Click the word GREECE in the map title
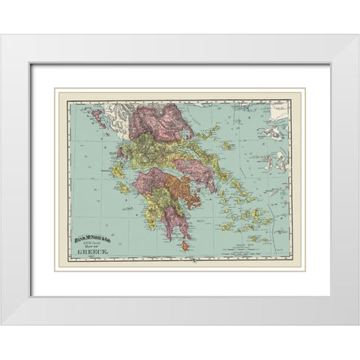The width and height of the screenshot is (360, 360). point(94,256)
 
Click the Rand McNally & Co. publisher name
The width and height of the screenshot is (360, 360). point(92,240)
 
